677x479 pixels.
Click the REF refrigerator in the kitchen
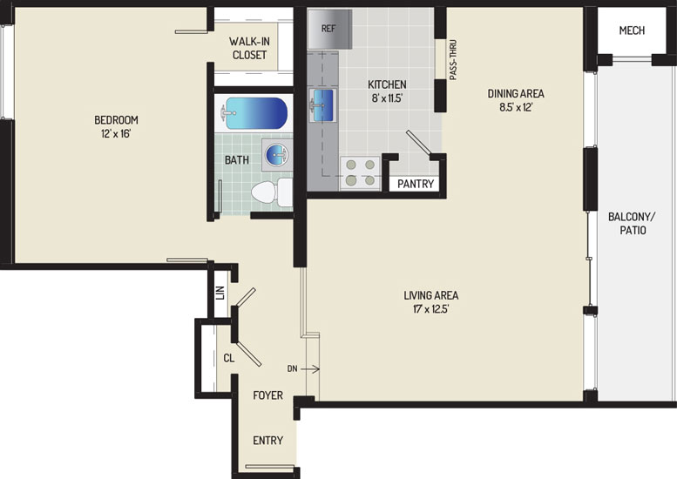330,29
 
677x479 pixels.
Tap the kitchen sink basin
323,105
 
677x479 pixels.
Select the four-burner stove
360,172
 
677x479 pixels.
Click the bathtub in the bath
254,113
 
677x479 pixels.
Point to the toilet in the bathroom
272,192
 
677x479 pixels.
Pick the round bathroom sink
277,154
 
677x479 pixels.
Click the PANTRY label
416,184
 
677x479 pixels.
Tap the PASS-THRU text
453,60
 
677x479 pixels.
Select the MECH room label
632,30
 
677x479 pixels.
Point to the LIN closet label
220,293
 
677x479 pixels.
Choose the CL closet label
229,358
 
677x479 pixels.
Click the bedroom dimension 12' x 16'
116,134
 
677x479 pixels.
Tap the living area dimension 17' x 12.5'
431,309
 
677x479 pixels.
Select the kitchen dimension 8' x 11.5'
387,98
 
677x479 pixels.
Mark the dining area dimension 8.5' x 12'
516,107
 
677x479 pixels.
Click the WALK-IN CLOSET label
249,48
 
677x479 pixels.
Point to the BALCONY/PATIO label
632,224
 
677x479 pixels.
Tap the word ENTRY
268,440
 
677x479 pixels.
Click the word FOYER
268,395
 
